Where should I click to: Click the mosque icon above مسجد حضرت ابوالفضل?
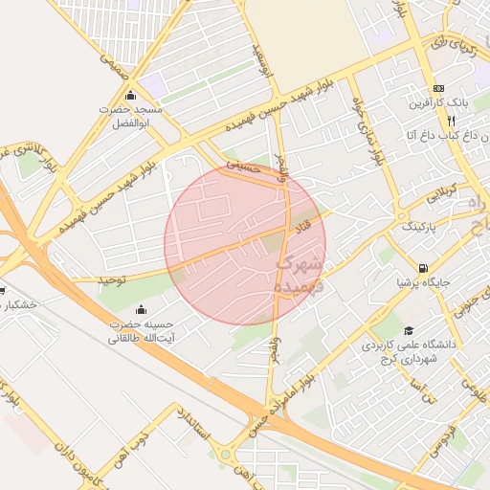(130, 96)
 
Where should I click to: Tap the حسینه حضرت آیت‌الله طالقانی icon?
(142, 309)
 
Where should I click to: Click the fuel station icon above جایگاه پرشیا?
(423, 268)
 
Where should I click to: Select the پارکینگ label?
(416, 228)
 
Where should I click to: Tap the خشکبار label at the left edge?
(18, 304)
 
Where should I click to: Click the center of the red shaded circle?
(245, 244)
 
